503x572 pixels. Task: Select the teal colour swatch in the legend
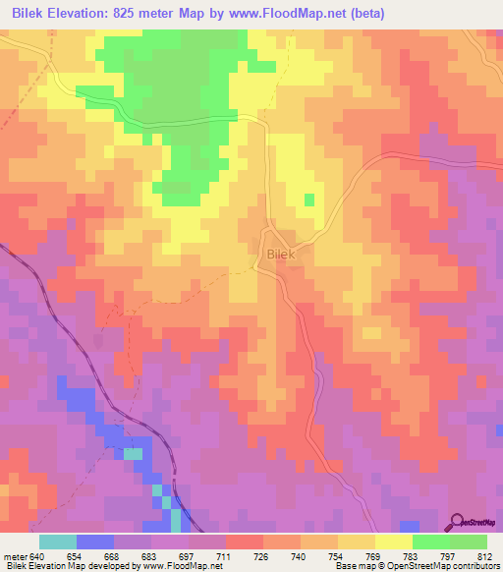click(x=58, y=543)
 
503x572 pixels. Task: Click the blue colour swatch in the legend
click(x=95, y=543)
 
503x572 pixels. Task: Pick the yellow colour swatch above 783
click(x=394, y=543)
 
